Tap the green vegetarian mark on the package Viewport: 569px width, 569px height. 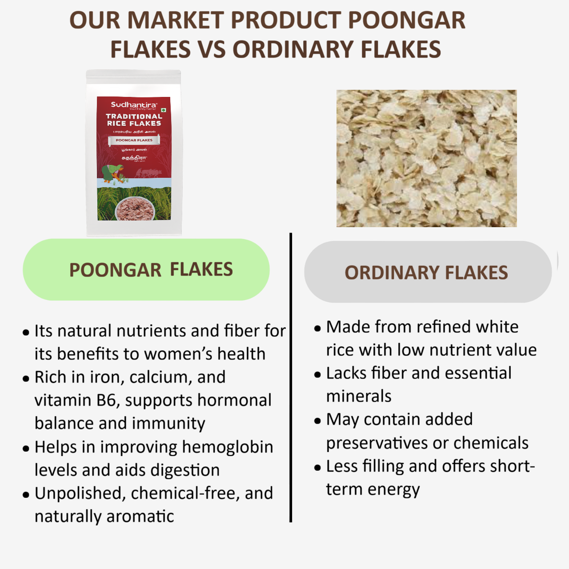[164, 110]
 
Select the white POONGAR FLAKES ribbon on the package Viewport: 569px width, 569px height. [134, 140]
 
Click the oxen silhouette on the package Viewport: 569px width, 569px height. [146, 173]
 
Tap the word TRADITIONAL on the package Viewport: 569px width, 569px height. [134, 116]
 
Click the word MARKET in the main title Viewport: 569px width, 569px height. [178, 20]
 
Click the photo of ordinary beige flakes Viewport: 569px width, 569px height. [426, 158]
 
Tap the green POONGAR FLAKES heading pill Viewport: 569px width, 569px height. [146, 270]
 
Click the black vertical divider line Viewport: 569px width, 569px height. [291, 378]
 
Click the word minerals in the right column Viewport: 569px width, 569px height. [359, 396]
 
